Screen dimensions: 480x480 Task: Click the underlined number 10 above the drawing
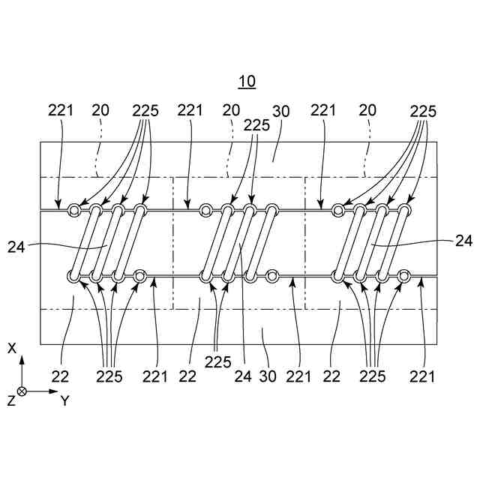pos(247,81)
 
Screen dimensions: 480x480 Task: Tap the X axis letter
pos(12,348)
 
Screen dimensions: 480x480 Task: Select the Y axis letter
pos(65,400)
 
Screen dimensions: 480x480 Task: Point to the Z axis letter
pos(10,400)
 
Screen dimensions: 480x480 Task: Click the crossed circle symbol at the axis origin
pos(22,391)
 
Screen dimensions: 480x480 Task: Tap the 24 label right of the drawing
pos(463,241)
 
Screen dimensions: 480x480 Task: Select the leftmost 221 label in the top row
pos(61,109)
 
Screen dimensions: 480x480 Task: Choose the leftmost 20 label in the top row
pos(100,109)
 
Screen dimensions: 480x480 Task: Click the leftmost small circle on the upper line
pos(74,210)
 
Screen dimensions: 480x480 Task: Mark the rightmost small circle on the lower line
pos(404,276)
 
